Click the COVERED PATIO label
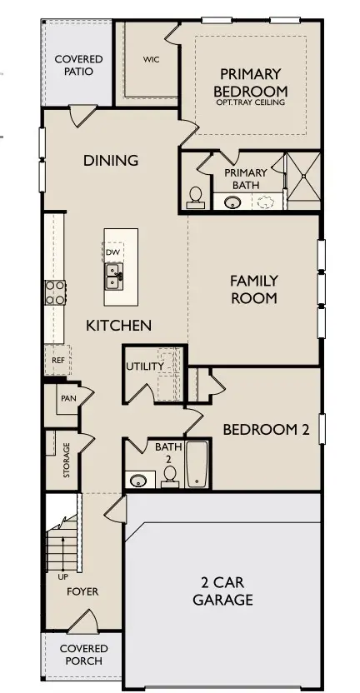coord(78,65)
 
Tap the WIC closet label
coord(151,60)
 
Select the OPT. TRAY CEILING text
coord(250,102)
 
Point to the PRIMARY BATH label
coord(245,178)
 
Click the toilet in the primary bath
coord(197,197)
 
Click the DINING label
coord(111,161)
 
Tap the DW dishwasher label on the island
coord(112,252)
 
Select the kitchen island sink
coord(113,273)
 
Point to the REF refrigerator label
coord(58,361)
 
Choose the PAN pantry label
coord(67,398)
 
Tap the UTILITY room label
coord(144,366)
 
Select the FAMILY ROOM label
coord(253,289)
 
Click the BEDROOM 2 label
coord(266,430)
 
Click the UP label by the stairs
coord(62,576)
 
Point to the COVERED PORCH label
coord(82,655)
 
